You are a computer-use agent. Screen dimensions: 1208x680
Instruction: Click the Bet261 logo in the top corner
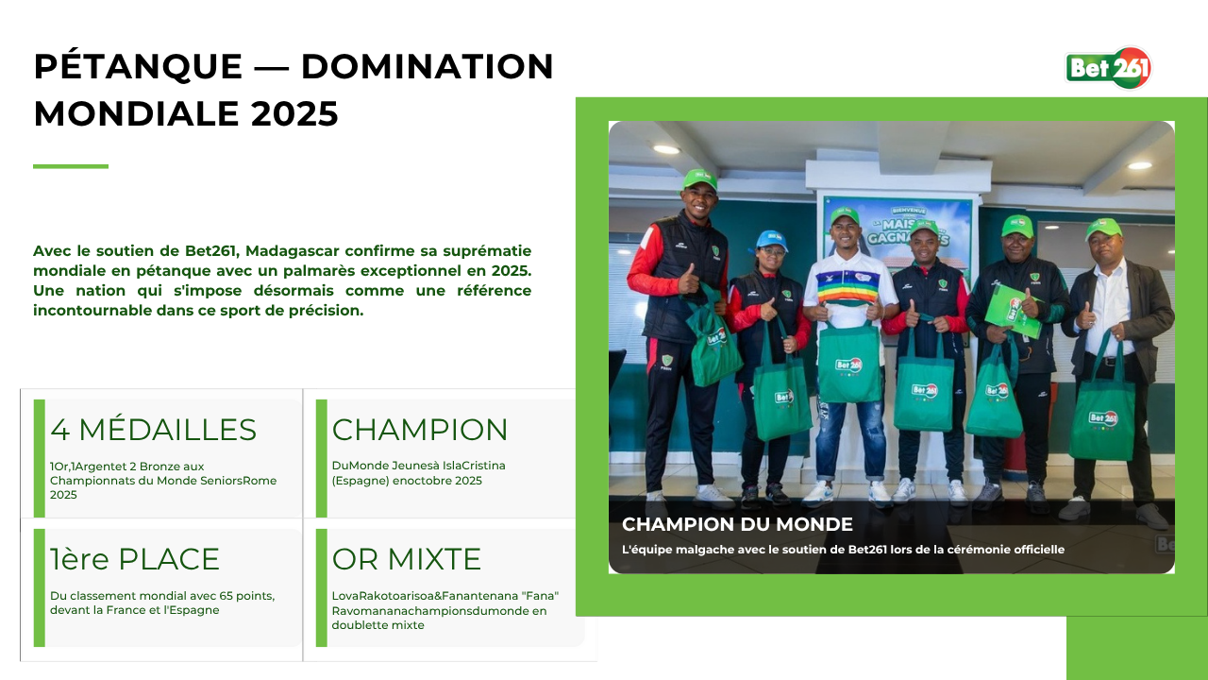pos(1108,68)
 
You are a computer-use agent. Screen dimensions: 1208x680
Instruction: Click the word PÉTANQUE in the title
pos(138,67)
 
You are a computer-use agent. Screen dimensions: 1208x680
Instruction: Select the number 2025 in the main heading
pos(294,114)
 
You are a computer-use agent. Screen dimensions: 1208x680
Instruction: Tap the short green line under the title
pos(71,166)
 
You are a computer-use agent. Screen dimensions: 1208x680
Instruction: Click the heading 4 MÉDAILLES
pos(153,430)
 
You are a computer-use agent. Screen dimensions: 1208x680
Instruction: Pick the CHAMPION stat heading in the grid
pos(420,430)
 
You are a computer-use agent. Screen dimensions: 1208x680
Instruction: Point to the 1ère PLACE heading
pos(134,558)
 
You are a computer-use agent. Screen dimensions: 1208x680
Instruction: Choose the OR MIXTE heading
pos(406,558)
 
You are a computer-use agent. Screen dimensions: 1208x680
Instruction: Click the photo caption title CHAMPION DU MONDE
pos(737,524)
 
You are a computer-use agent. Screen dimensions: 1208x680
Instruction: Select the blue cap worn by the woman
pos(771,240)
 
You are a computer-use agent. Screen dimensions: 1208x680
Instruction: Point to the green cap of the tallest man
pos(699,179)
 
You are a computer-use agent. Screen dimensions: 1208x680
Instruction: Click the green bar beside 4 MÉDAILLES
pos(40,459)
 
